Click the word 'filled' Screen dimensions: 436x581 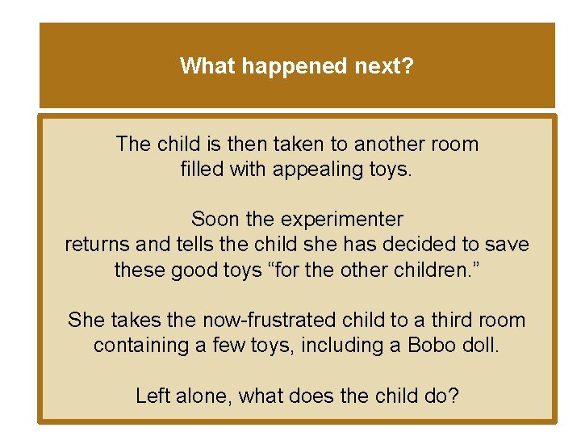202,170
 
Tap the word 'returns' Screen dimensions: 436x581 95,244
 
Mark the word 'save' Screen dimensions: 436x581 508,244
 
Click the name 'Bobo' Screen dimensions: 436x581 433,345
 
